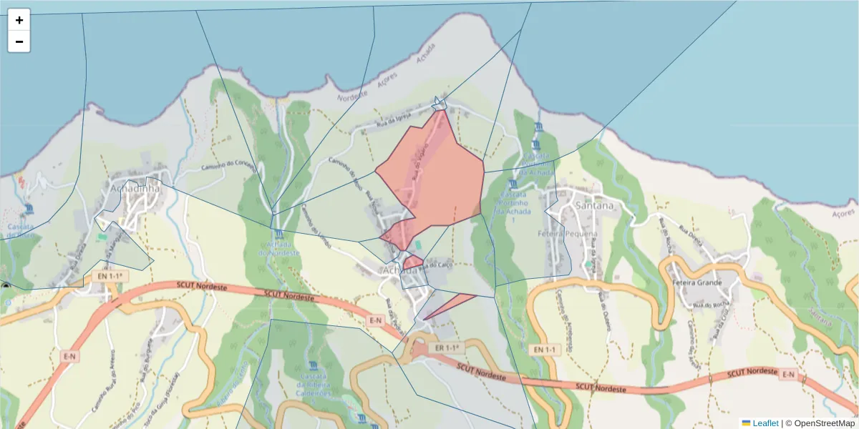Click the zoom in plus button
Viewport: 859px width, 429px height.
(x=19, y=20)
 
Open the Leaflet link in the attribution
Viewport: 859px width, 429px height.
(x=765, y=423)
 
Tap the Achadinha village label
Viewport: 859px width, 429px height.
(x=135, y=188)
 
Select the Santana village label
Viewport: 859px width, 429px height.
(x=594, y=206)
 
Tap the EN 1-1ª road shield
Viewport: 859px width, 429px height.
(x=109, y=275)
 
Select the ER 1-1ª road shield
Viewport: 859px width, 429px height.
(x=446, y=347)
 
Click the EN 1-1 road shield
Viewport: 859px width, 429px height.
(x=545, y=350)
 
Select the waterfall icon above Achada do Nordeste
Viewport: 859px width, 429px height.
(x=277, y=235)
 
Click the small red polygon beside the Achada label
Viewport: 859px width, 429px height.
(x=412, y=262)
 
